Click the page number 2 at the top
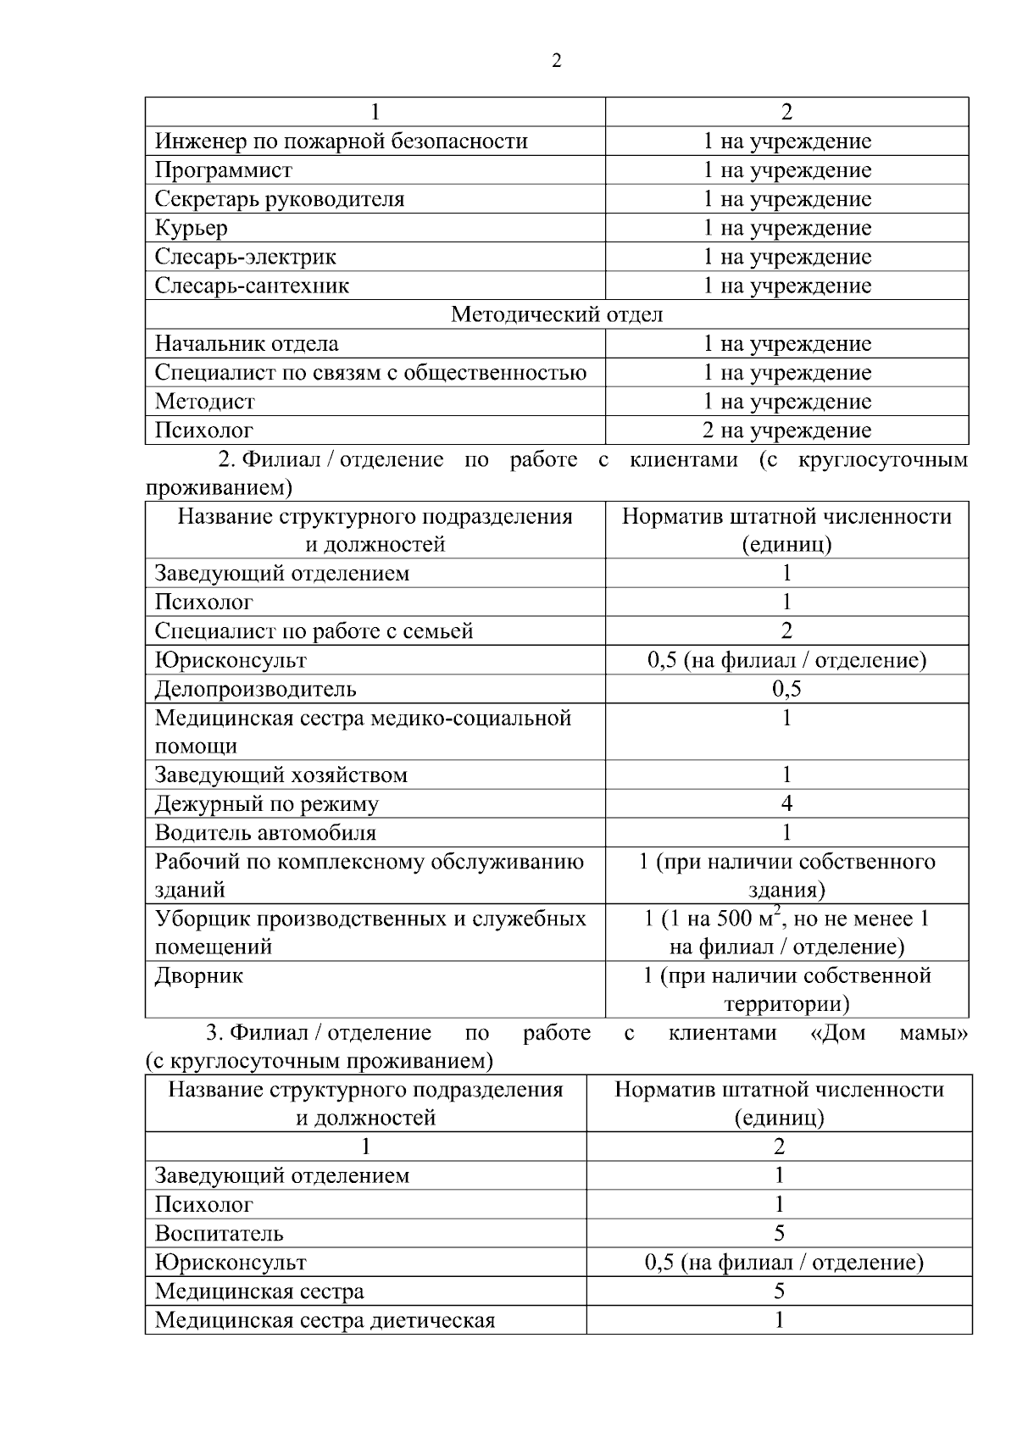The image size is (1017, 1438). click(556, 61)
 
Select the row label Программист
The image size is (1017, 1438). click(223, 170)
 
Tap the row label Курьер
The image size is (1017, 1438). click(191, 228)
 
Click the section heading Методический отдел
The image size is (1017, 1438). click(556, 315)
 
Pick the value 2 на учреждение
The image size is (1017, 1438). click(786, 430)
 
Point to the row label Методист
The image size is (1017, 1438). click(204, 402)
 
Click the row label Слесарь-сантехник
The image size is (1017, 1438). click(252, 286)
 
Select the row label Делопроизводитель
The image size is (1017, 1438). click(255, 689)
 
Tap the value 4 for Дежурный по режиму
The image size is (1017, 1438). click(786, 803)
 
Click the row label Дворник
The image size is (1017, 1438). click(198, 976)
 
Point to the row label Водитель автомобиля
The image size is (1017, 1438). click(265, 833)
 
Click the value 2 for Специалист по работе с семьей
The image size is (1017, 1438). click(786, 630)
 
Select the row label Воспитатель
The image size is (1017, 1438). click(219, 1234)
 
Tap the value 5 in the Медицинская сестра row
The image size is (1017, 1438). click(779, 1291)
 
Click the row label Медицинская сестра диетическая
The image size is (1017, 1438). click(325, 1320)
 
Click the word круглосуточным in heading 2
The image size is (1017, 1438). click(883, 460)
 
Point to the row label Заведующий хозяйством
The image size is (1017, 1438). click(281, 775)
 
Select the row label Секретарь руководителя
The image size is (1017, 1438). click(279, 199)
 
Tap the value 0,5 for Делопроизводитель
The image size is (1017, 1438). click(786, 689)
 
